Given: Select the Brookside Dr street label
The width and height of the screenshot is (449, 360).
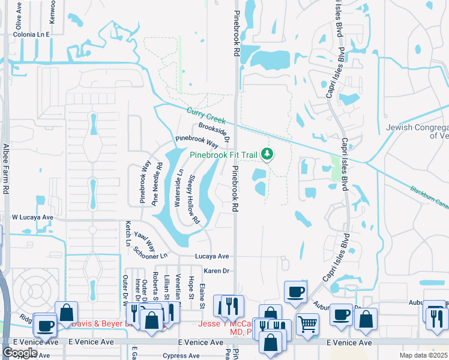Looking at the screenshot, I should pyautogui.click(x=214, y=132).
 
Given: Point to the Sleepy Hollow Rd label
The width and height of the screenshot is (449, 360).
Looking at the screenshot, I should pyautogui.click(x=194, y=200).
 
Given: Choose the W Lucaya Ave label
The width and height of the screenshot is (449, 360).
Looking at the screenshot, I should pyautogui.click(x=32, y=217).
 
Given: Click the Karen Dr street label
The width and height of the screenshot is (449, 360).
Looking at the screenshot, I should pyautogui.click(x=216, y=271).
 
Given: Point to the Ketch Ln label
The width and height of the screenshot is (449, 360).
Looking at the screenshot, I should pyautogui.click(x=128, y=233).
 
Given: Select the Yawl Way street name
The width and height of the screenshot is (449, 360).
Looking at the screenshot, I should pyautogui.click(x=145, y=241).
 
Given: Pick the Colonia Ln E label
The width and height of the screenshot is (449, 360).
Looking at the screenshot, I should pyautogui.click(x=31, y=35).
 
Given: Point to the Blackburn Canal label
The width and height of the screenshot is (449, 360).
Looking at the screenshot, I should pyautogui.click(x=430, y=197).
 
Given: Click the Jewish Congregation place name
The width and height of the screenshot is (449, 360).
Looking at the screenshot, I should pyautogui.click(x=417, y=131).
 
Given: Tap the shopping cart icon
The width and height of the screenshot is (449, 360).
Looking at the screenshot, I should pyautogui.click(x=308, y=325).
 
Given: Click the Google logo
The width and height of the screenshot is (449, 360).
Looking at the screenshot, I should pyautogui.click(x=20, y=352).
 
